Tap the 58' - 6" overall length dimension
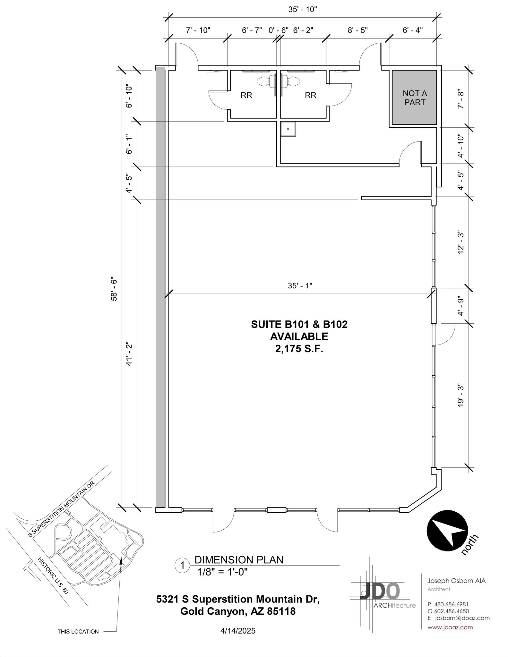tap(114, 289)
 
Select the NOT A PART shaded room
tap(414, 98)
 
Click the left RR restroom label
tap(246, 95)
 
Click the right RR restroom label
tap(310, 95)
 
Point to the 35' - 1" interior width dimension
tap(300, 286)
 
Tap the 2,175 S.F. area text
tap(299, 349)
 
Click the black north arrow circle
tap(447, 531)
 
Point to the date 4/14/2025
tap(238, 631)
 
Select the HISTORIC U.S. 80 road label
tap(53, 576)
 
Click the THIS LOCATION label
tap(78, 631)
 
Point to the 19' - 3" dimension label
tap(461, 395)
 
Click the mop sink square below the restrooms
tap(288, 129)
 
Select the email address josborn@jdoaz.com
tap(462, 618)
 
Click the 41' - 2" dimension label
tap(129, 354)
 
